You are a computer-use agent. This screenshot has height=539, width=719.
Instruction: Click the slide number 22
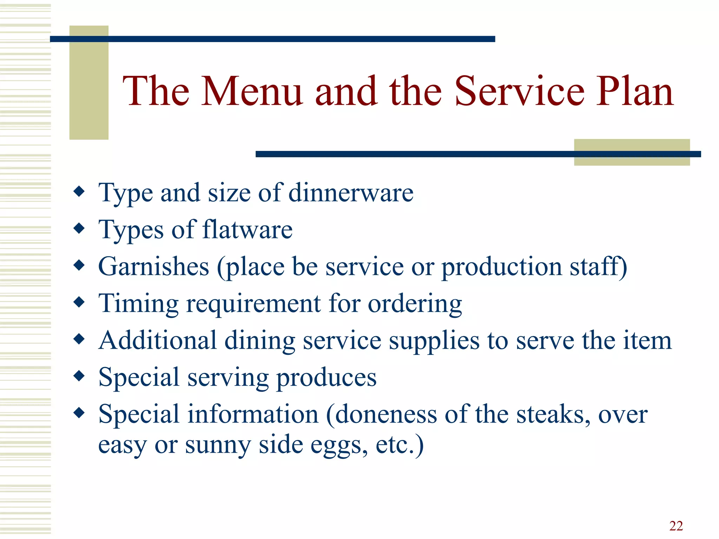[x=676, y=526]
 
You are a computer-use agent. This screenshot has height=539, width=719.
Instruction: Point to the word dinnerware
[x=351, y=193]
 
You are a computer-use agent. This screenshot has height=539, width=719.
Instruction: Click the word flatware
[x=248, y=230]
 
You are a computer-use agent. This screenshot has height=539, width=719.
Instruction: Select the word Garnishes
[x=154, y=267]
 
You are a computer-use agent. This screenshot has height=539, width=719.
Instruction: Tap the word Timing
[x=138, y=304]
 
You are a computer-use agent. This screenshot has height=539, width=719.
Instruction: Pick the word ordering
[x=415, y=304]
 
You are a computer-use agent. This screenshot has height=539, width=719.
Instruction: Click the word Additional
[x=157, y=340]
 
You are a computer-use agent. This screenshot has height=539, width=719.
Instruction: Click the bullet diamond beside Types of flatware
[x=79, y=228]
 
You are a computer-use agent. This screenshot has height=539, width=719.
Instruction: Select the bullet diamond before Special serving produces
[x=79, y=376]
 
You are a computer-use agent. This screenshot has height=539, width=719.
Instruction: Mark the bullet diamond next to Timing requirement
[x=79, y=302]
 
